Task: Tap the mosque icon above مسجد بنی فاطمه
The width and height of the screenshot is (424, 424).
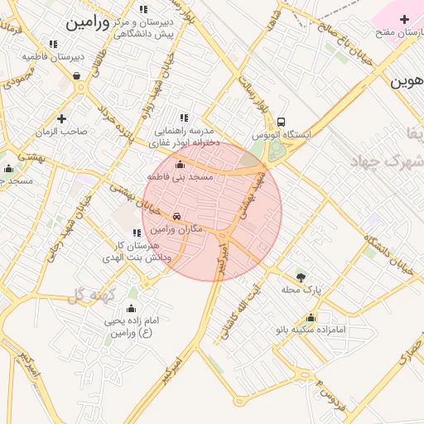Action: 181,165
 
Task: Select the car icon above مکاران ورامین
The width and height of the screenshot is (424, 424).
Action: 176,217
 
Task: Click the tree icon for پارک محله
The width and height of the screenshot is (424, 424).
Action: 300,277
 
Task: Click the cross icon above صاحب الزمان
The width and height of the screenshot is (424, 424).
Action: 61,118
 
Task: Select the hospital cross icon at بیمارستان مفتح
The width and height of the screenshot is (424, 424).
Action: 403,19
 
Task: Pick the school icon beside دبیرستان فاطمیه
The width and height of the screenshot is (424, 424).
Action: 53,44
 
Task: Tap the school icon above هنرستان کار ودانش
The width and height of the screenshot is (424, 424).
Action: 136,233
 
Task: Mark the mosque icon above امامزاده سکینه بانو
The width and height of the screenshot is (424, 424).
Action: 311,317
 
